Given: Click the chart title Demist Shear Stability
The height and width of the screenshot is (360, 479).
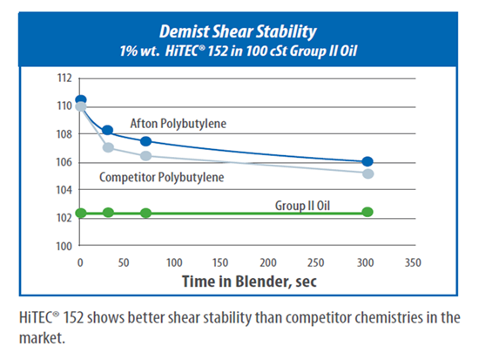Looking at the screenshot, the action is pyautogui.click(x=238, y=31).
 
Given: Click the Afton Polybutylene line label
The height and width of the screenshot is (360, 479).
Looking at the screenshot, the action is pyautogui.click(x=179, y=124).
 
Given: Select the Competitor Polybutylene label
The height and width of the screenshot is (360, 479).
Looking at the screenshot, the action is pyautogui.click(x=162, y=178).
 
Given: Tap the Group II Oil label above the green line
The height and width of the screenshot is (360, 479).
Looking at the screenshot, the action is pyautogui.click(x=302, y=206).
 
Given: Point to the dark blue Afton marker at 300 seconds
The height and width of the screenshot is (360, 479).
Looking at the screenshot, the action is pyautogui.click(x=368, y=161).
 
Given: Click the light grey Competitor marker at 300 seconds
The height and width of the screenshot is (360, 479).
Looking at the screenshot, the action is pyautogui.click(x=368, y=173).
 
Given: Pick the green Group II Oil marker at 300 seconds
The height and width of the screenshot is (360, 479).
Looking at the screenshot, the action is pyautogui.click(x=368, y=212).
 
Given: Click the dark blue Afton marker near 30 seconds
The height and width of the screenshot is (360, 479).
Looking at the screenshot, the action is pyautogui.click(x=107, y=130).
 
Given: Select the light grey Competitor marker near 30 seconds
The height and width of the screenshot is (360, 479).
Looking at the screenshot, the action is pyautogui.click(x=108, y=147).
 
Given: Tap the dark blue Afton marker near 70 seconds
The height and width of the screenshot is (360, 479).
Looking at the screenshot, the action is pyautogui.click(x=146, y=141).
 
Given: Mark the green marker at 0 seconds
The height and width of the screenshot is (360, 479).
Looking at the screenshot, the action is pyautogui.click(x=81, y=213).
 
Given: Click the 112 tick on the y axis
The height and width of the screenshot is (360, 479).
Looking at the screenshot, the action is pyautogui.click(x=64, y=78).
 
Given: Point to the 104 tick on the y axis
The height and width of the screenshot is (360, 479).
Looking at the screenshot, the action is pyautogui.click(x=64, y=190).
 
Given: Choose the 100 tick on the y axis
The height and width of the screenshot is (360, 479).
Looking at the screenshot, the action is pyautogui.click(x=64, y=246).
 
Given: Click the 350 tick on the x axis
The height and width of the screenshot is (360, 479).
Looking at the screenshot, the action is pyautogui.click(x=413, y=262).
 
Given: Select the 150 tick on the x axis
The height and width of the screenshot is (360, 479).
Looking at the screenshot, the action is pyautogui.click(x=220, y=262).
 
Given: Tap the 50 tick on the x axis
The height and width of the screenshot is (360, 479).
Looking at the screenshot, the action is pyautogui.click(x=124, y=262).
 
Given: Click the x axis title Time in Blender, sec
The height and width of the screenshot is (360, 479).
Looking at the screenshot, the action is pyautogui.click(x=249, y=282).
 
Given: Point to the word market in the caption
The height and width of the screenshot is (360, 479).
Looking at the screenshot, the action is pyautogui.click(x=42, y=338).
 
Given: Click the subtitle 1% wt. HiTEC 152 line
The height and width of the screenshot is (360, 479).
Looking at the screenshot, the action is pyautogui.click(x=239, y=51).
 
